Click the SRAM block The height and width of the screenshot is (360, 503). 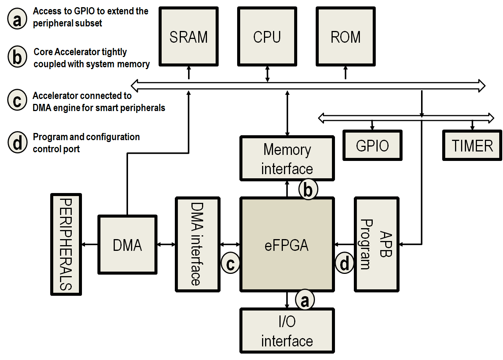click(188, 37)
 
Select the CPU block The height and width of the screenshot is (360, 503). click(267, 37)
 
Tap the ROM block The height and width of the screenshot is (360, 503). click(346, 37)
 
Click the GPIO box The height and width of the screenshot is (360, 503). click(372, 145)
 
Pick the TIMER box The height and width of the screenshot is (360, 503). click(472, 145)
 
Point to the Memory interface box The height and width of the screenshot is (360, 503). click(287, 159)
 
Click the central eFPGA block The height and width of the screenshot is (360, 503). click(287, 245)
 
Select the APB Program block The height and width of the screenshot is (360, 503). click(376, 244)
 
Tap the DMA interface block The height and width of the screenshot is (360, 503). click(197, 244)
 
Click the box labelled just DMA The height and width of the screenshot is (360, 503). click(127, 245)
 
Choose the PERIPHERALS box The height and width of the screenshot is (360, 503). click(66, 244)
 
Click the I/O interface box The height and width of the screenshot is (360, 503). click(287, 331)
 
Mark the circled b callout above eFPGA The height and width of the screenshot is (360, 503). click(308, 190)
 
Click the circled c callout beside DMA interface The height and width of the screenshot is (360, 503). click(230, 263)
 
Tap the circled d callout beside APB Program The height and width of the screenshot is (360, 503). click(344, 263)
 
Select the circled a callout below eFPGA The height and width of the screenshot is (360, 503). click(305, 300)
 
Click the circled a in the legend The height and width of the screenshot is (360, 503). click(17, 19)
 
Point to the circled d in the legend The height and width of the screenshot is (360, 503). click(17, 143)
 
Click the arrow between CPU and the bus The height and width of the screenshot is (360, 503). click(267, 74)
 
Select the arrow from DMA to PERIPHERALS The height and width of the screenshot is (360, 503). click(90, 244)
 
